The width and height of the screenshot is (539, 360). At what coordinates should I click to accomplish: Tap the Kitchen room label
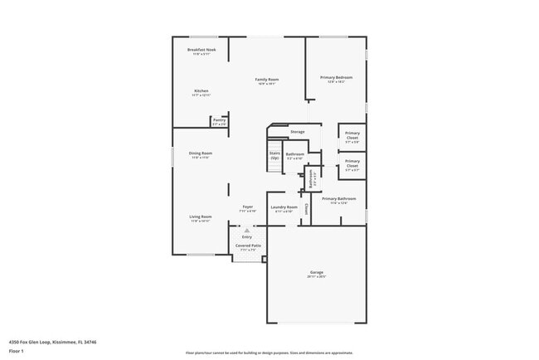click(201, 90)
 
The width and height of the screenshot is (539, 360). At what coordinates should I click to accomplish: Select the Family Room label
click(266, 79)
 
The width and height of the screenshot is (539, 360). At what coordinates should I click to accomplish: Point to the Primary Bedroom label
click(336, 77)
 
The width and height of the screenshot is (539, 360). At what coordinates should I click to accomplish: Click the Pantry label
click(219, 120)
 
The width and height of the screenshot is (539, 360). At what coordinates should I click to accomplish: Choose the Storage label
click(297, 131)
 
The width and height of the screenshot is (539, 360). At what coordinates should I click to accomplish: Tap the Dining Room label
click(200, 153)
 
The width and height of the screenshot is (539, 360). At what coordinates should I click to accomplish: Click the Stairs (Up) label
click(274, 155)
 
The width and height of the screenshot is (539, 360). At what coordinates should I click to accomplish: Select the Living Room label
click(201, 216)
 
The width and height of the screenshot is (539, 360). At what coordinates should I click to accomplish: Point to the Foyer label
click(247, 207)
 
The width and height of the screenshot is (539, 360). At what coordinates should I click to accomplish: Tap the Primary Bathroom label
click(339, 198)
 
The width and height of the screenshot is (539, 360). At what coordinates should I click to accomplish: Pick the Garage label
click(316, 272)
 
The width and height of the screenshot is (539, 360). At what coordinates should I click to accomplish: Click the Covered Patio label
click(248, 246)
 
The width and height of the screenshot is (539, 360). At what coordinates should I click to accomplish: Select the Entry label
click(247, 236)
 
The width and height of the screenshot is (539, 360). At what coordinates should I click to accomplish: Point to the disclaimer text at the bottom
click(269, 353)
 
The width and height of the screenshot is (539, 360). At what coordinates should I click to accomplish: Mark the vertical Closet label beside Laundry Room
click(306, 208)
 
